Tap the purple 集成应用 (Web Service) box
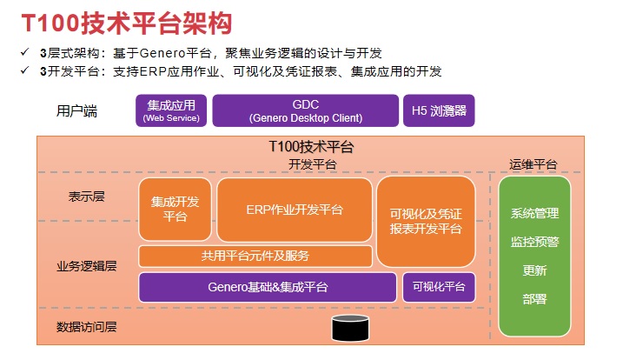[171, 110]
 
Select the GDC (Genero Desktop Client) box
[305, 110]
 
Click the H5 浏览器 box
[439, 110]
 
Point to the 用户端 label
[76, 111]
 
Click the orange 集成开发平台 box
[175, 210]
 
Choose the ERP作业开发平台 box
[294, 210]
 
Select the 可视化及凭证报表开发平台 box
[426, 221]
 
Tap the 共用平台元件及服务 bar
[255, 256]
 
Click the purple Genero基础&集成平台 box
[268, 287]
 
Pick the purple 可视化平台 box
[438, 287]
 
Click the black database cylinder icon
[350, 328]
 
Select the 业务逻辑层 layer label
[87, 266]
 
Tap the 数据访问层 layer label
[87, 327]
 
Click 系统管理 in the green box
[534, 213]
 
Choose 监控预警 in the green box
[534, 242]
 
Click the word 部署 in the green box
[534, 298]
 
